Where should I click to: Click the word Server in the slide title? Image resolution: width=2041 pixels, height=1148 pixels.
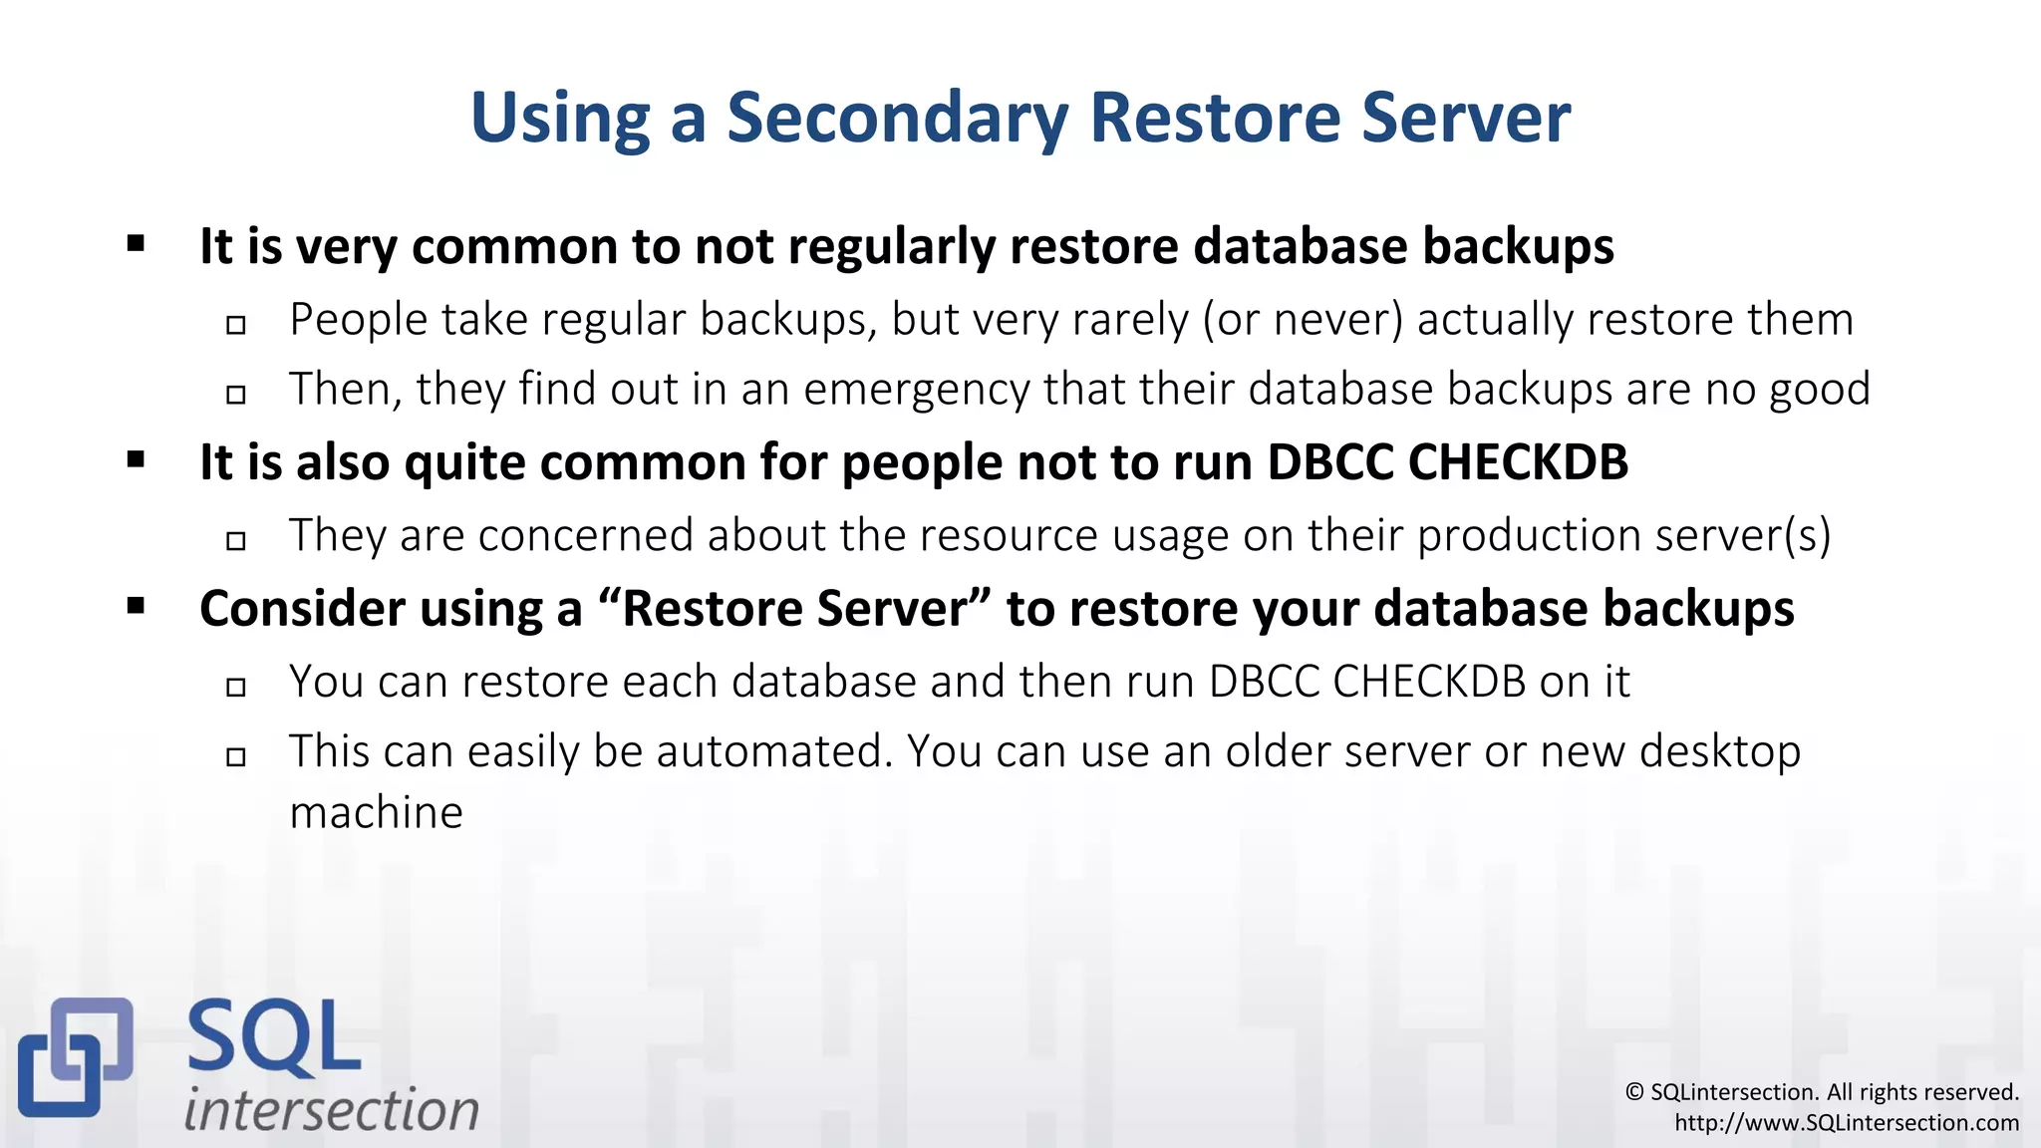[x=1466, y=118]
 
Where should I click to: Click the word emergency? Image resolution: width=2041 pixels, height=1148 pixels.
[x=916, y=390]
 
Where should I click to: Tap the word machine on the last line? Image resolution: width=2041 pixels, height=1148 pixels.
[x=376, y=813]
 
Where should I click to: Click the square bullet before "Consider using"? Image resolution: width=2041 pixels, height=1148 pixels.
[x=137, y=605]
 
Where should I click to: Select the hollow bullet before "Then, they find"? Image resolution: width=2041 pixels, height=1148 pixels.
[x=236, y=395]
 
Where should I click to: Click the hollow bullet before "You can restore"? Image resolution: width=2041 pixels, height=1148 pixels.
[x=236, y=687]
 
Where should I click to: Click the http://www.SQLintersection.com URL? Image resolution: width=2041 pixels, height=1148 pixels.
[x=1846, y=1123]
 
